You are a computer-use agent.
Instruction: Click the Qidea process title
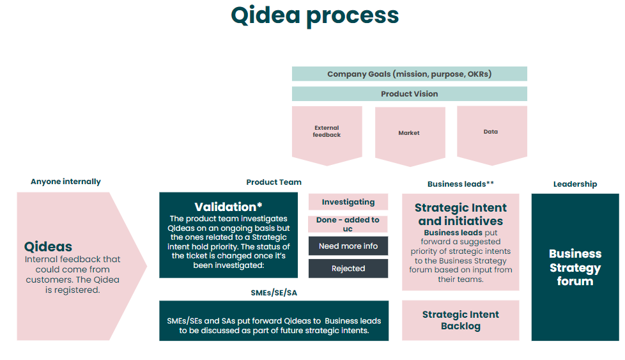point(315,16)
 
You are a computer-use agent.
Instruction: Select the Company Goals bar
point(410,74)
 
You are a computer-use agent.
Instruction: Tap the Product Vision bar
point(410,94)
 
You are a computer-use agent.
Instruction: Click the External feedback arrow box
point(327,135)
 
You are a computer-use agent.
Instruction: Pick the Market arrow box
point(410,136)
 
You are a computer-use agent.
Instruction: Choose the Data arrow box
point(492,135)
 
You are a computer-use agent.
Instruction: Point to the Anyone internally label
point(66,182)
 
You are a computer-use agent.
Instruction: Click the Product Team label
point(274,182)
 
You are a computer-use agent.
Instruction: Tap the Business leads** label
point(461,184)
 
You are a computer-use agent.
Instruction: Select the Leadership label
point(575,184)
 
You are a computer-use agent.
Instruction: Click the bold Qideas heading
point(48,247)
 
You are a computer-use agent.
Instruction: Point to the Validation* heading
point(228,207)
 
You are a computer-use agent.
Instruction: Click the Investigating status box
point(348,201)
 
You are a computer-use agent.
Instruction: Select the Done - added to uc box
point(348,224)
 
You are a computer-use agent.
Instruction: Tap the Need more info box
point(348,246)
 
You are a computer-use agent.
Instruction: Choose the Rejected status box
point(348,269)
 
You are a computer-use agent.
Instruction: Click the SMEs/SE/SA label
point(274,293)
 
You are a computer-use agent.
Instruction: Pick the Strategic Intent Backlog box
point(461,320)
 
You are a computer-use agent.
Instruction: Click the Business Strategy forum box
point(575,267)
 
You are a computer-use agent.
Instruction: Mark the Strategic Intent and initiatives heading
point(461,214)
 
